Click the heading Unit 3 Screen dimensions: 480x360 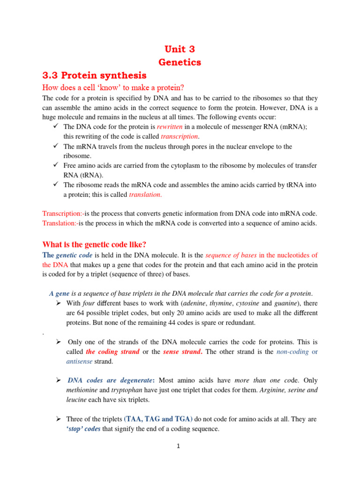179,49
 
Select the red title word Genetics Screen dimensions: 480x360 180,62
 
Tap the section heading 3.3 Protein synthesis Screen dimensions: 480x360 94,75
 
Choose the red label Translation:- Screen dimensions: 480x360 60,223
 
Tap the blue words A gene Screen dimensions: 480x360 59,293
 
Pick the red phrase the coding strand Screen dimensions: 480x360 112,352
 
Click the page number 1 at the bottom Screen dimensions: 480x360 179,446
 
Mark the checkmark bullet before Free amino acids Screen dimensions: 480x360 55,165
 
